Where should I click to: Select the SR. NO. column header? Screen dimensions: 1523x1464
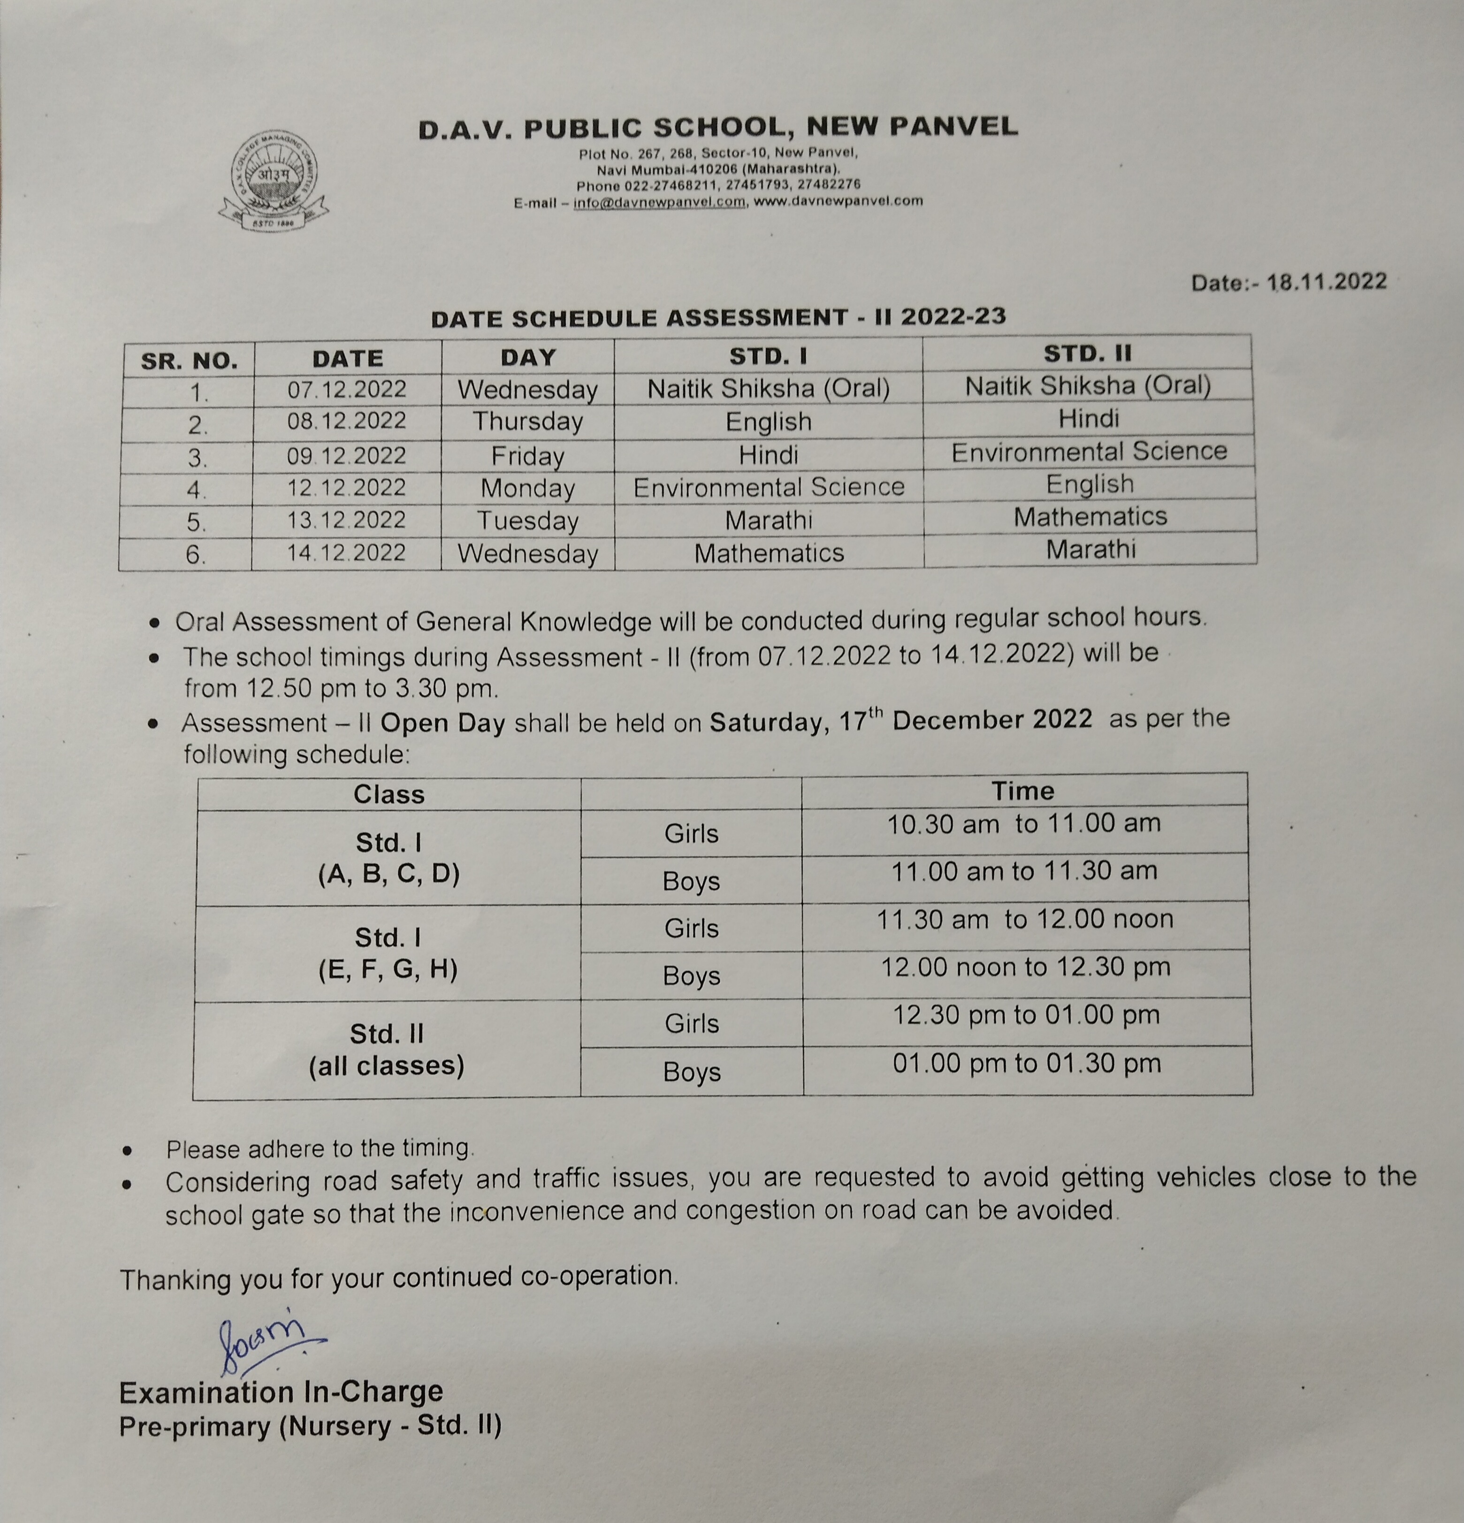189,361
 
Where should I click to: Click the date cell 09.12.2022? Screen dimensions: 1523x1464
346,455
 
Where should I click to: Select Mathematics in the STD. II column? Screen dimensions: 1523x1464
1090,517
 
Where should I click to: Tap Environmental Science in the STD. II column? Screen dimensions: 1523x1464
1089,452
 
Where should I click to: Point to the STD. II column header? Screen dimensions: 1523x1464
1087,354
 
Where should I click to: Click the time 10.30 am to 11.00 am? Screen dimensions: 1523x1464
1024,823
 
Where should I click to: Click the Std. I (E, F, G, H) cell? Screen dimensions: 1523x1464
388,954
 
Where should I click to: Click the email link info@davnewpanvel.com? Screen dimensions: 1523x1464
659,202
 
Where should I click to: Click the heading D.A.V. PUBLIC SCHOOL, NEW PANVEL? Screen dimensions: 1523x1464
717,127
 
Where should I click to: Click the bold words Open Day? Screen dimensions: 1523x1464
442,723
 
